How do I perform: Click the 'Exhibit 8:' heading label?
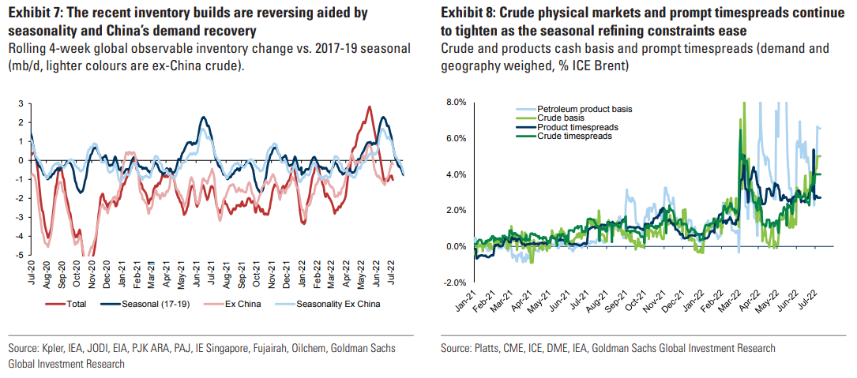(470, 14)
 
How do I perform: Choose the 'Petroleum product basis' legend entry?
(585, 108)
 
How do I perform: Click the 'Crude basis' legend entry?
(562, 118)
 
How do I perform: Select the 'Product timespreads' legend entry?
(577, 127)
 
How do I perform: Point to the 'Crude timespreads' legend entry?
(574, 137)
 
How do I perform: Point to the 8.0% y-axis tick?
(455, 103)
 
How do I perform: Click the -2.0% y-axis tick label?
(454, 283)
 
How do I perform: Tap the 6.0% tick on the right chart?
(455, 138)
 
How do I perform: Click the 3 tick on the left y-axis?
(22, 103)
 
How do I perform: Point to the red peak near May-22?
(369, 107)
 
